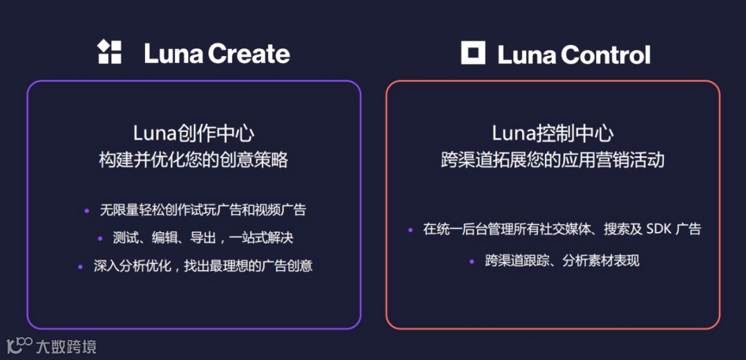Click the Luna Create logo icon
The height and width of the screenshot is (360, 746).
(110, 53)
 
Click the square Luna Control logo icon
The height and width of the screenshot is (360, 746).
(473, 53)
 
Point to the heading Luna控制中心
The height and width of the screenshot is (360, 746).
(553, 133)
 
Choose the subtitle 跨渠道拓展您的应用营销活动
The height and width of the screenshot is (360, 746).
(553, 160)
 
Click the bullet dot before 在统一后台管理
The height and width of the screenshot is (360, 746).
(410, 229)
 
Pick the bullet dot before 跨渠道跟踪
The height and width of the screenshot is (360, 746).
(472, 261)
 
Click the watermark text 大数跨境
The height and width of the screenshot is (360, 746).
(66, 347)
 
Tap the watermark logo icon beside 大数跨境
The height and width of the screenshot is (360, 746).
(19, 345)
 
